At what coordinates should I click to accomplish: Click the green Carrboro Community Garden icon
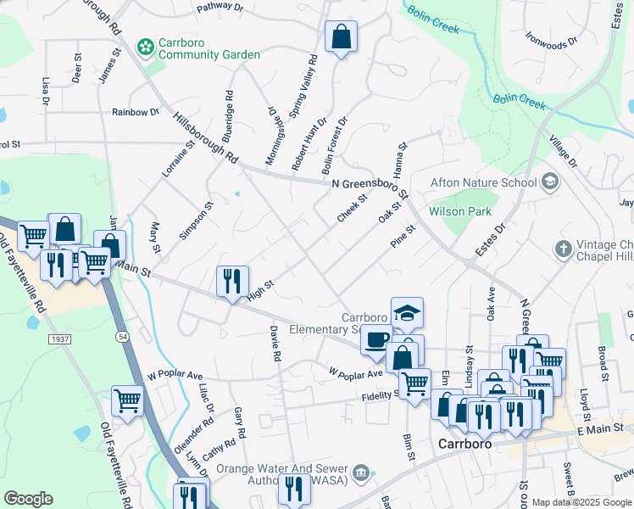(145, 46)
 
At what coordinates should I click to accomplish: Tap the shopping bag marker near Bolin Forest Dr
(341, 37)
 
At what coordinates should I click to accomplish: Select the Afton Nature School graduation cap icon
(549, 182)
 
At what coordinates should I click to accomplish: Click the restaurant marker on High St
(232, 281)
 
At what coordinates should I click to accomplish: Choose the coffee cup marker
(376, 339)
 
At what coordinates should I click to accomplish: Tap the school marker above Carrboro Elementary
(407, 312)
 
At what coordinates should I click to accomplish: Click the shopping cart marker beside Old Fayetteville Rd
(127, 400)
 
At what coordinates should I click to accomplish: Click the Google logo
(28, 499)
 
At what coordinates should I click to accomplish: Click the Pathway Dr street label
(220, 8)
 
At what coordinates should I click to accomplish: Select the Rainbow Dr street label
(136, 112)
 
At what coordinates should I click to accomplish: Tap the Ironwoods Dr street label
(551, 39)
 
